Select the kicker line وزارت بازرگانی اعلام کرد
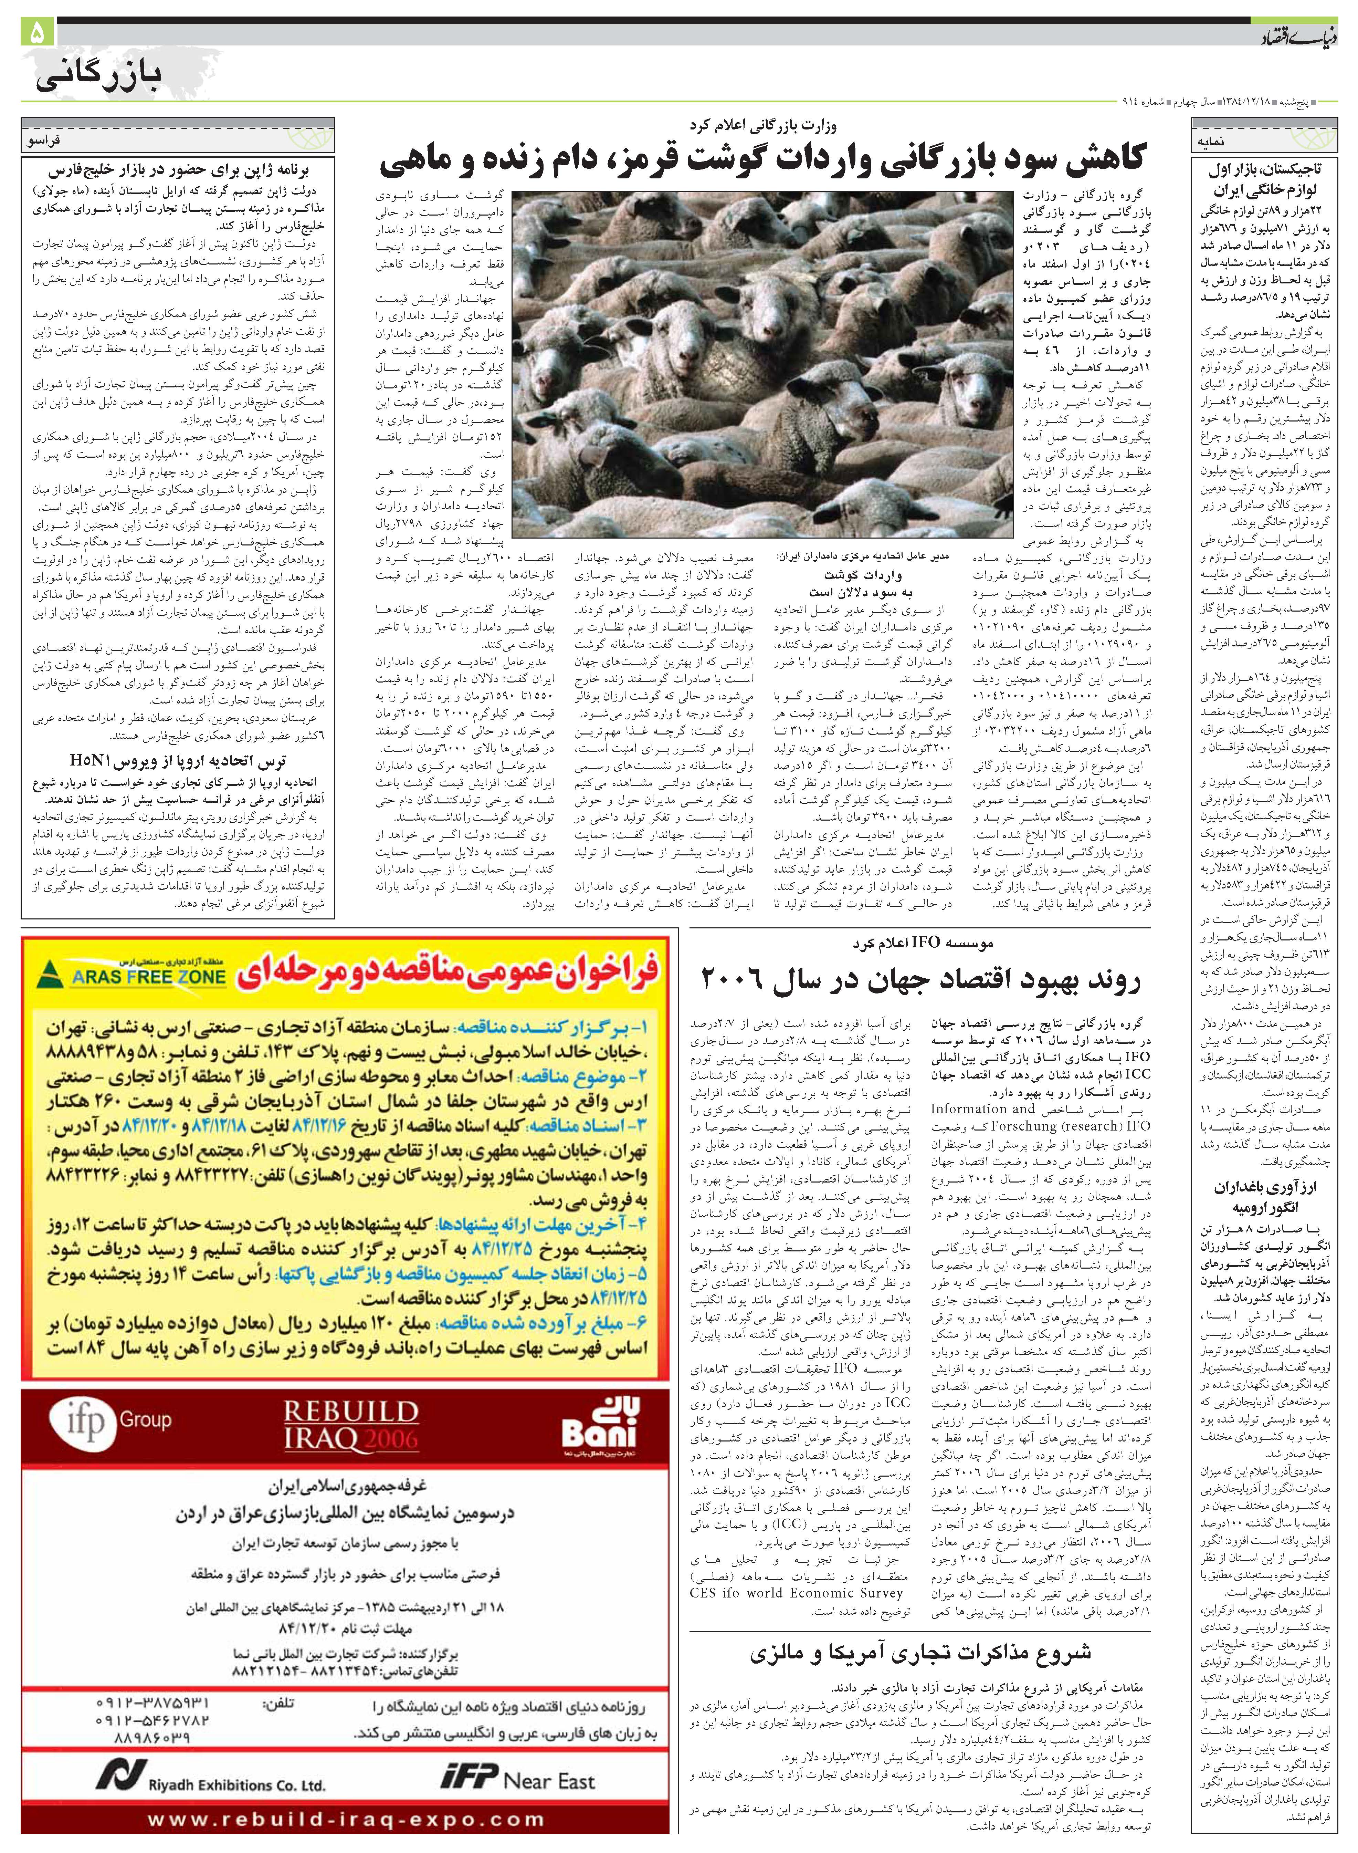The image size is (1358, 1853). coord(762,127)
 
